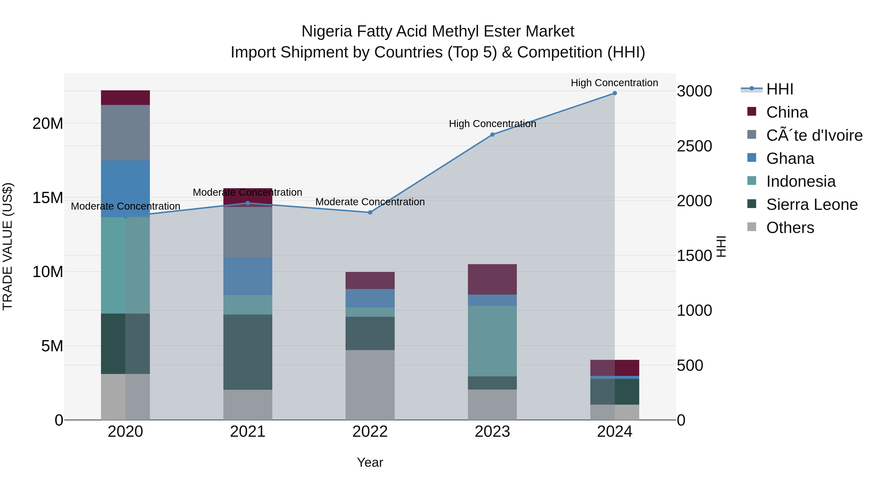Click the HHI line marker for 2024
(614, 93)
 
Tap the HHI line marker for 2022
(370, 213)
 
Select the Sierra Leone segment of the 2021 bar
(247, 352)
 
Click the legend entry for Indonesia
(801, 182)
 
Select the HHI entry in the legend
(779, 89)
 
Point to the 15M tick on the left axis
(48, 198)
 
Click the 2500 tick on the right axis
(694, 146)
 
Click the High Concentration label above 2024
(614, 83)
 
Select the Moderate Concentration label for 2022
(370, 202)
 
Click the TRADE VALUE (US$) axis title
(8, 246)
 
